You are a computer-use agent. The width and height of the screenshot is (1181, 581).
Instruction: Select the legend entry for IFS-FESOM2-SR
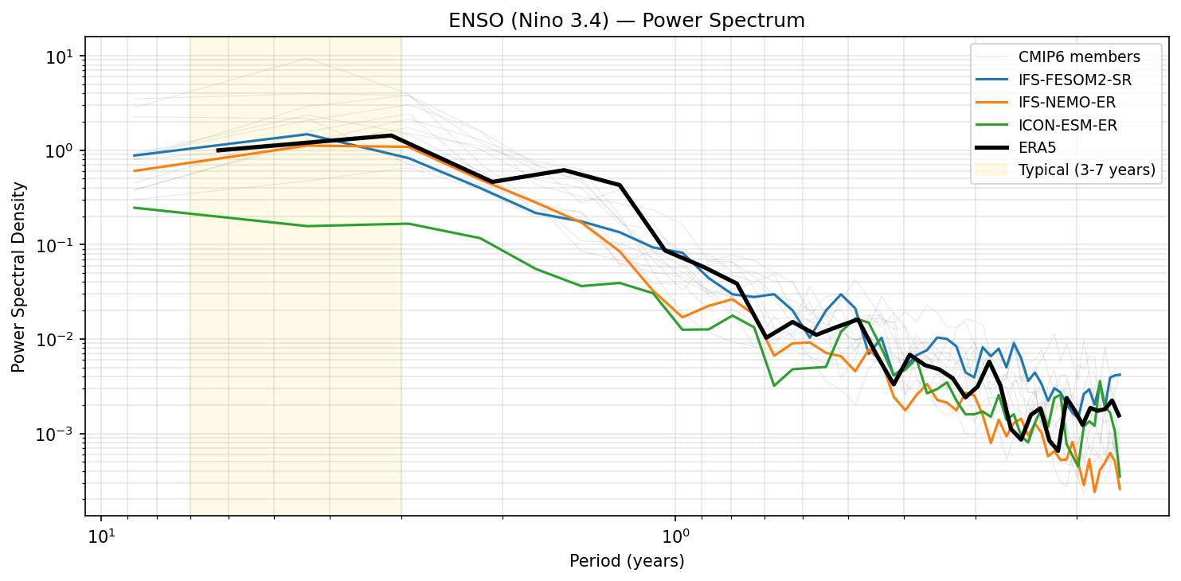tap(1074, 80)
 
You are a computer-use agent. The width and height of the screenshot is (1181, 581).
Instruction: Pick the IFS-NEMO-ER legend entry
tap(1067, 103)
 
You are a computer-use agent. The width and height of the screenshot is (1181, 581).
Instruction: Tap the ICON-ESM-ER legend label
tap(1067, 125)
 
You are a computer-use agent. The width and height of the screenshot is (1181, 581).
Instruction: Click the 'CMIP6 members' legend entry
tap(1079, 57)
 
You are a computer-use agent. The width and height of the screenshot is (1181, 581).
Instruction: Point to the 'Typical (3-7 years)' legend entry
tap(1086, 170)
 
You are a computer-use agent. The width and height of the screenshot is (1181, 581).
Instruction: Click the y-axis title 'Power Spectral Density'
tap(18, 277)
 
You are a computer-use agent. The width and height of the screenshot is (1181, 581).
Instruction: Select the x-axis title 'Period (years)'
tap(627, 561)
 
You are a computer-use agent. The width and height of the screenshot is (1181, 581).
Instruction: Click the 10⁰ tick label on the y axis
tap(63, 151)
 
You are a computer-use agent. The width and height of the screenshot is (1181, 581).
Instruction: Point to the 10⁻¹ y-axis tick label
tap(61, 245)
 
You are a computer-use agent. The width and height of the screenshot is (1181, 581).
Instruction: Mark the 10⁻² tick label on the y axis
tap(61, 340)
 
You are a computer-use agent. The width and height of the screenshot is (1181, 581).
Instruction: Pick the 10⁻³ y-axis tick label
tap(61, 434)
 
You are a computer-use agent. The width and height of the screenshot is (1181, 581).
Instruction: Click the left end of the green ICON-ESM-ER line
tap(134, 208)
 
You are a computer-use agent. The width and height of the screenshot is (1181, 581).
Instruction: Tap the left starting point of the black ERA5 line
tap(217, 150)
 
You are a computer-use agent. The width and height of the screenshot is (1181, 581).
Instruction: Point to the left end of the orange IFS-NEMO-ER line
tap(134, 171)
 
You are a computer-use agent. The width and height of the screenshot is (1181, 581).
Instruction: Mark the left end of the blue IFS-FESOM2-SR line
tap(134, 156)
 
